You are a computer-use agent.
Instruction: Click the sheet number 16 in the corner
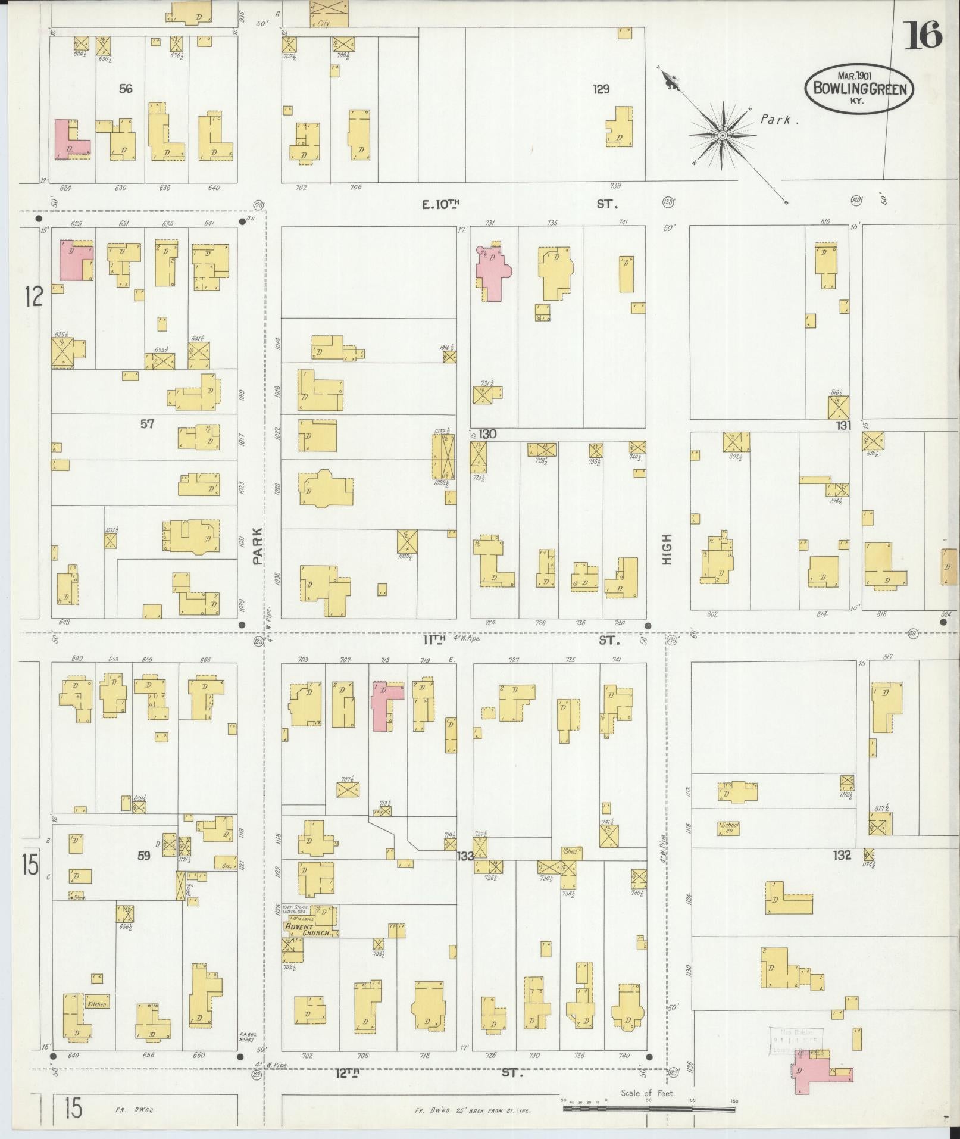[x=923, y=36]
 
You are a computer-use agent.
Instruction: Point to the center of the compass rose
[x=722, y=136]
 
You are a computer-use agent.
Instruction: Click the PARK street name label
[x=257, y=546]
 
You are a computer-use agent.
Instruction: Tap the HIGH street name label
[x=666, y=550]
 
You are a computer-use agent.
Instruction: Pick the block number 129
[x=601, y=89]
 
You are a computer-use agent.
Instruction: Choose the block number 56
[x=126, y=89]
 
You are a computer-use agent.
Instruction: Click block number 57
[x=147, y=424]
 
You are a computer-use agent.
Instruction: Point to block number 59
[x=144, y=856]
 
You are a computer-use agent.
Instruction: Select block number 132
[x=843, y=856]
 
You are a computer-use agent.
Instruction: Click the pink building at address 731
[x=493, y=272]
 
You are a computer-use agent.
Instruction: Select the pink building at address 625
[x=75, y=261]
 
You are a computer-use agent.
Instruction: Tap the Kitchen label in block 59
[x=98, y=1004]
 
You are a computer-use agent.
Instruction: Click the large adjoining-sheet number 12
[x=33, y=295]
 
